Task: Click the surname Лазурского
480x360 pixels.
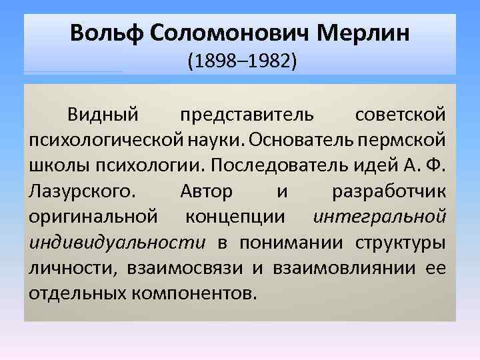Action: click(x=81, y=192)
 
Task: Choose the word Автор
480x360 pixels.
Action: click(x=206, y=192)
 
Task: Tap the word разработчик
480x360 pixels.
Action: click(x=388, y=192)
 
